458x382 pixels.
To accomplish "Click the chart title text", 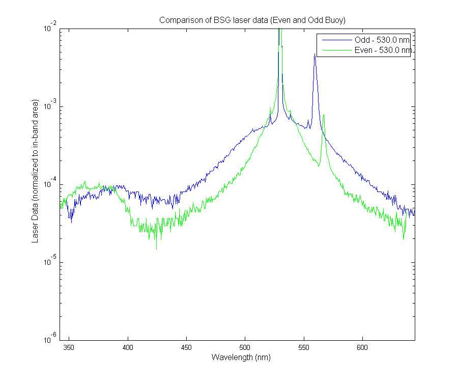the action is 252,20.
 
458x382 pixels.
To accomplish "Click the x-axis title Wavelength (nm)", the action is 241,357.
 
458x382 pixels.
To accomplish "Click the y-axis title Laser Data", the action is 35,171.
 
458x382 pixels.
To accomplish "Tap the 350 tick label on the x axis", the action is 69,347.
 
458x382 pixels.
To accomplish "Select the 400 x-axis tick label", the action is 128,347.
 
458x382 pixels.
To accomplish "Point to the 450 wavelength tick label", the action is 186,347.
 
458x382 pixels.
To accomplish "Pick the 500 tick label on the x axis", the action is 245,347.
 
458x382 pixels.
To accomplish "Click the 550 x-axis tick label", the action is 304,347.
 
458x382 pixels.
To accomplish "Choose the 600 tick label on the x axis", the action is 362,347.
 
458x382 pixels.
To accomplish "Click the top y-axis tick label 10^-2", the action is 50,27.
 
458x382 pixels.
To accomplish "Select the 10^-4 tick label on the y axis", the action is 50,183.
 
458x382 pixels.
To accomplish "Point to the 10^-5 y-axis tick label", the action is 50,260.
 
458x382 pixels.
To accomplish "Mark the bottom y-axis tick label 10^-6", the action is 50,338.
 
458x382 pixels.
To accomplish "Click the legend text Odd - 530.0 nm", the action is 382,40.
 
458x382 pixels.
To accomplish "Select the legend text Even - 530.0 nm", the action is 383,50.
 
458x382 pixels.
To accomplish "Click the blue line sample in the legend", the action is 337,40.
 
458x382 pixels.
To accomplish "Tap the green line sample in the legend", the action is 337,50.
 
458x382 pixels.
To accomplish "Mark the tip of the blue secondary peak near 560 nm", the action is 314,54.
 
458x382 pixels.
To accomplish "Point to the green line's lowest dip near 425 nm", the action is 156,249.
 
